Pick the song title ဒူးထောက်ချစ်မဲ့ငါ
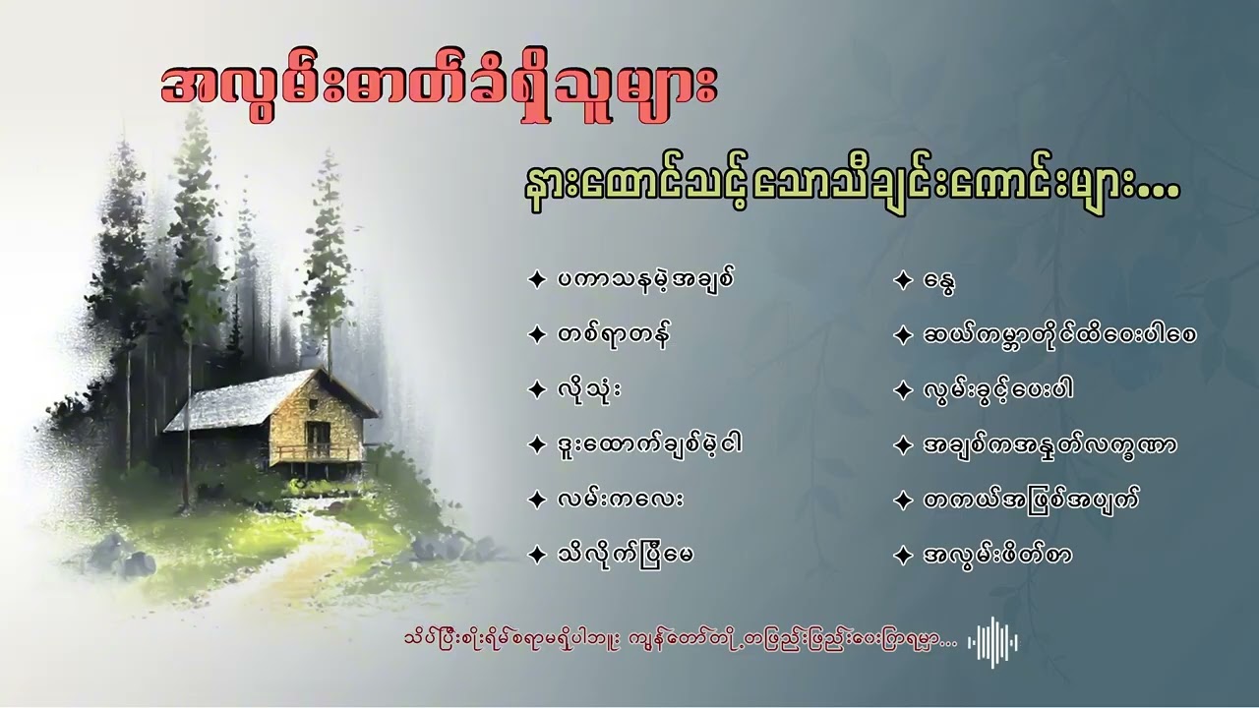tap(646, 444)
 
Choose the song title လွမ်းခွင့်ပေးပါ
tap(996, 390)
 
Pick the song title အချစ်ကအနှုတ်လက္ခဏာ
tap(1049, 444)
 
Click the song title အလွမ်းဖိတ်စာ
tap(995, 555)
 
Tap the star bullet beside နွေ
tap(903, 281)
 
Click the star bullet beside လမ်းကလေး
tap(536, 500)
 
